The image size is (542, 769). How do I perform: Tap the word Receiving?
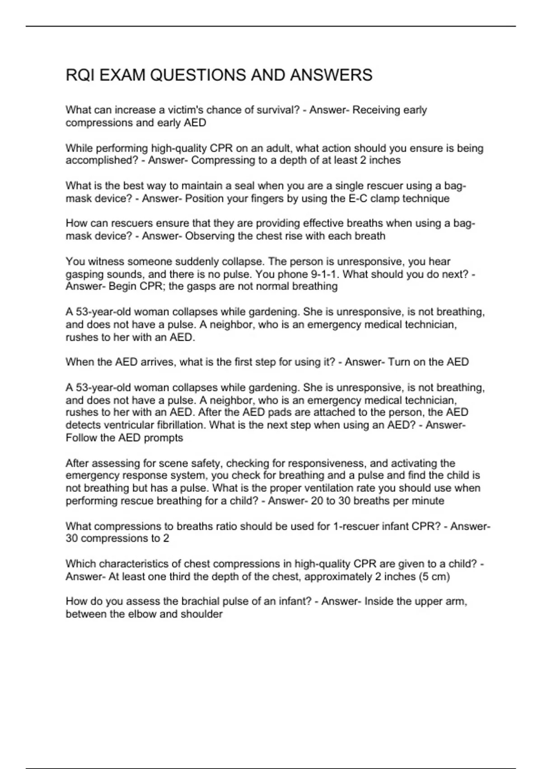point(376,110)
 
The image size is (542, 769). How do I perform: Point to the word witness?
point(106,261)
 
